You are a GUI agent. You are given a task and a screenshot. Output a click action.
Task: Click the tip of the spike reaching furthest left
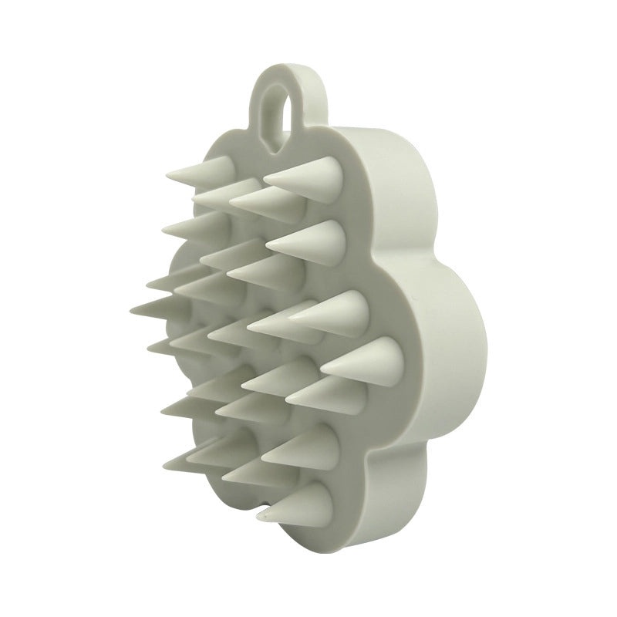click(133, 307)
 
